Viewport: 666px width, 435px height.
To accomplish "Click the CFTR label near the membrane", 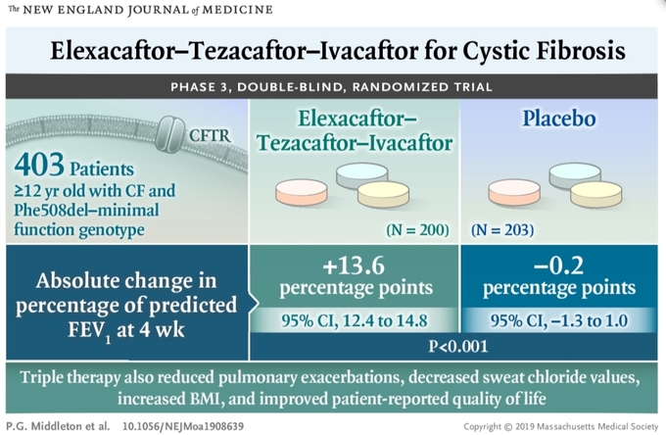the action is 210,135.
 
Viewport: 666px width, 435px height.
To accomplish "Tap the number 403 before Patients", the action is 39,165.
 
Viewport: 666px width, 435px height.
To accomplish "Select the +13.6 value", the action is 354,266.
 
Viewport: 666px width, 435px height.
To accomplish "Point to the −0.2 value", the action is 558,266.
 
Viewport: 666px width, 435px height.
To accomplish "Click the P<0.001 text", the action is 458,346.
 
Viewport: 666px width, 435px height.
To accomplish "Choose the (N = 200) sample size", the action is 417,230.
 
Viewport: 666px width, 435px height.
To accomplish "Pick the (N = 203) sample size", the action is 502,230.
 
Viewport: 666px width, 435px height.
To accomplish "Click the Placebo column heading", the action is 559,119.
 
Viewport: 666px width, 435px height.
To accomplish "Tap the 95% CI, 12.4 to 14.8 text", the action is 355,320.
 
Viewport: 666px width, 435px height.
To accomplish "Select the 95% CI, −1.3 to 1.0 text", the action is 559,320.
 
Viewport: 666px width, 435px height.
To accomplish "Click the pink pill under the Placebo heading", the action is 514,191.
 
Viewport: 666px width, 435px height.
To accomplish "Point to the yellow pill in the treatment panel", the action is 383,194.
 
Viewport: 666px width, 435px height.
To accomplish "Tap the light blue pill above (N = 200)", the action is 361,175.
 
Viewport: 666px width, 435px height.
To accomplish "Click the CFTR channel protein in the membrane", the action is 169,134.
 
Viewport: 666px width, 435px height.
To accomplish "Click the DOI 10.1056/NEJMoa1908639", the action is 183,426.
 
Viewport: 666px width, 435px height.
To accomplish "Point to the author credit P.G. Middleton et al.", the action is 58,426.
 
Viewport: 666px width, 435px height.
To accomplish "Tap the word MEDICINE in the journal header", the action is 237,10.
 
